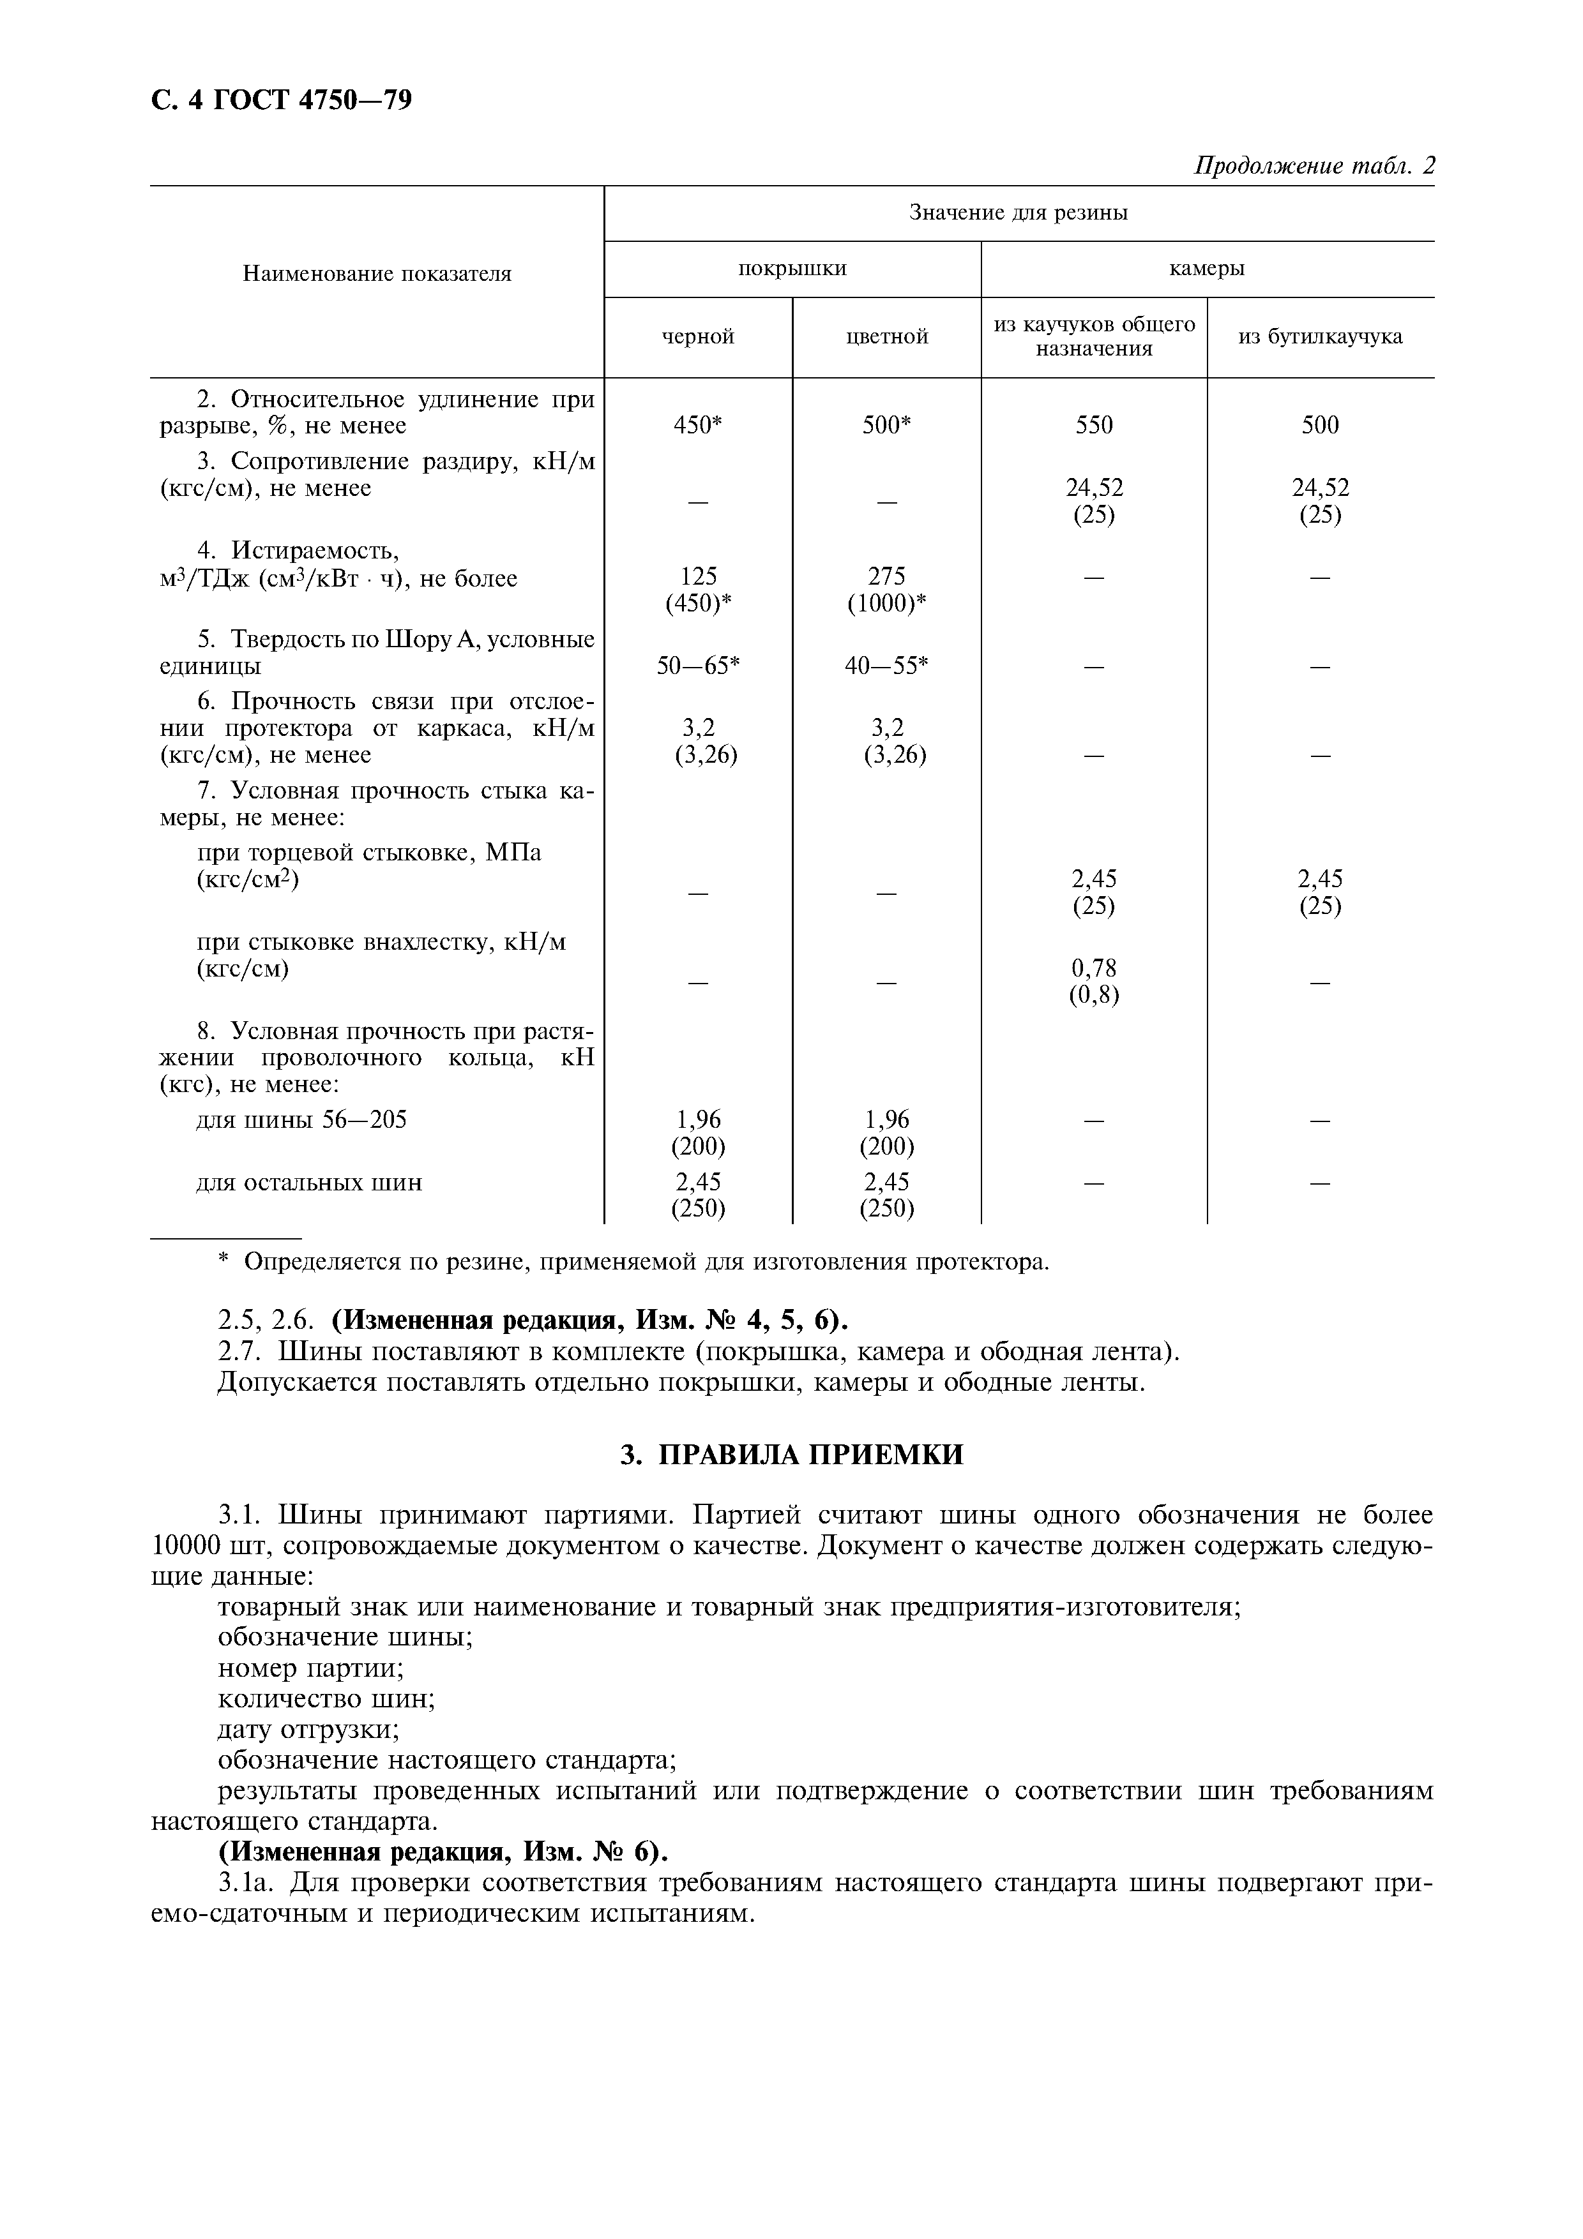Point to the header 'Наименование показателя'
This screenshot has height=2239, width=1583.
point(377,274)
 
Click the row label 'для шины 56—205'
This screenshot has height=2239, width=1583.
point(301,1119)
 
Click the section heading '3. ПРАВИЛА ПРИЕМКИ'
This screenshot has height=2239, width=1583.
point(791,1455)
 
